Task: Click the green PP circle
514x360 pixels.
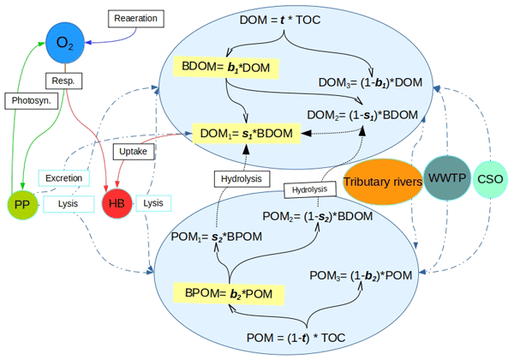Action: (23, 205)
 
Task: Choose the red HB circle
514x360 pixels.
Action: (117, 205)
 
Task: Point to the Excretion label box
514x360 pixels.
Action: (64, 179)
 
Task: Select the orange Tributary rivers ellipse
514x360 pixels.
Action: (382, 181)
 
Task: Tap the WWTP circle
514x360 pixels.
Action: (447, 178)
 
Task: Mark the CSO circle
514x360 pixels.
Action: (491, 179)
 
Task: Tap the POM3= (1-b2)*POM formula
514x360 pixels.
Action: (361, 275)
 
